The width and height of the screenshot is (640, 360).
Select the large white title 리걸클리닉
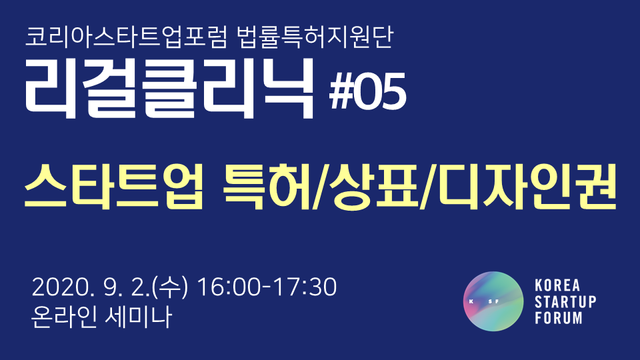[169, 89]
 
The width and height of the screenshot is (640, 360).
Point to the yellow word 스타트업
[114, 187]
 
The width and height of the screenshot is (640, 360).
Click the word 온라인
[64, 317]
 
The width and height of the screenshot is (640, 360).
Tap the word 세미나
[138, 317]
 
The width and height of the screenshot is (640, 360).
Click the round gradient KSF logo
[493, 301]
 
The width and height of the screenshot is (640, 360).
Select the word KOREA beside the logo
[557, 285]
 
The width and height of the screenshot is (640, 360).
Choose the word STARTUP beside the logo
[565, 301]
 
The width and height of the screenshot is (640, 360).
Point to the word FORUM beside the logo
[559, 318]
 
